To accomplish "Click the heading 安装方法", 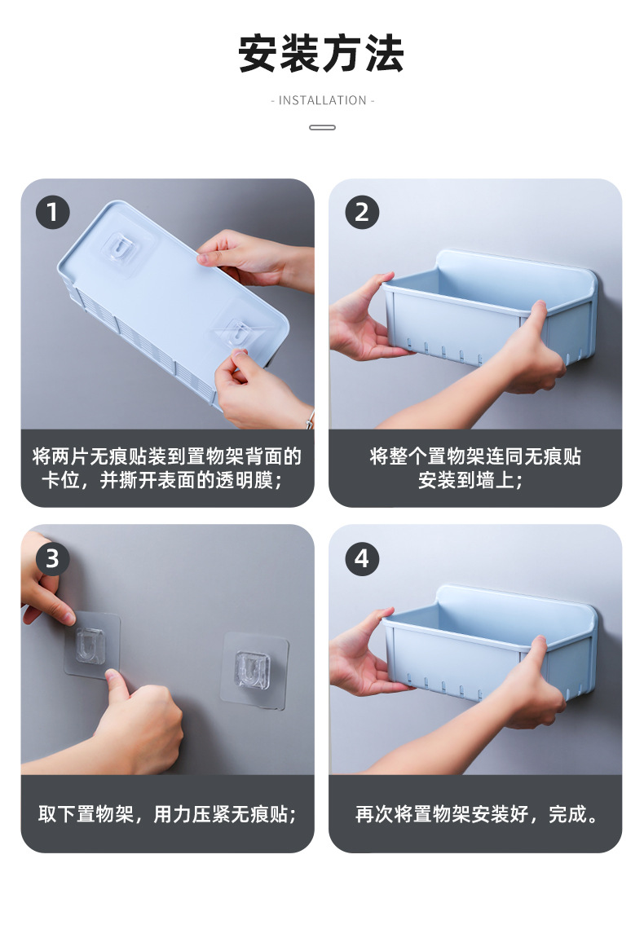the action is coord(322,54).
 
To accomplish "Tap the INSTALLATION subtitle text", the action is coord(322,100).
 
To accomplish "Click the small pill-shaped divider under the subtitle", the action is coord(322,127).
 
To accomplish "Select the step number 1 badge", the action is coord(52,213).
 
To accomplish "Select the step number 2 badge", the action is coord(361,213).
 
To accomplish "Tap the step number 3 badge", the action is coord(52,558).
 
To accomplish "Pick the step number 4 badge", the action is coord(361,558).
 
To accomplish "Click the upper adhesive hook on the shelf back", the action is coord(124,249).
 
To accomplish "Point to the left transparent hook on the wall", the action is coord(91,645).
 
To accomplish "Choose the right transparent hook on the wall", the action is coord(254,670).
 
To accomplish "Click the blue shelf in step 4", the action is coord(490,643).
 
